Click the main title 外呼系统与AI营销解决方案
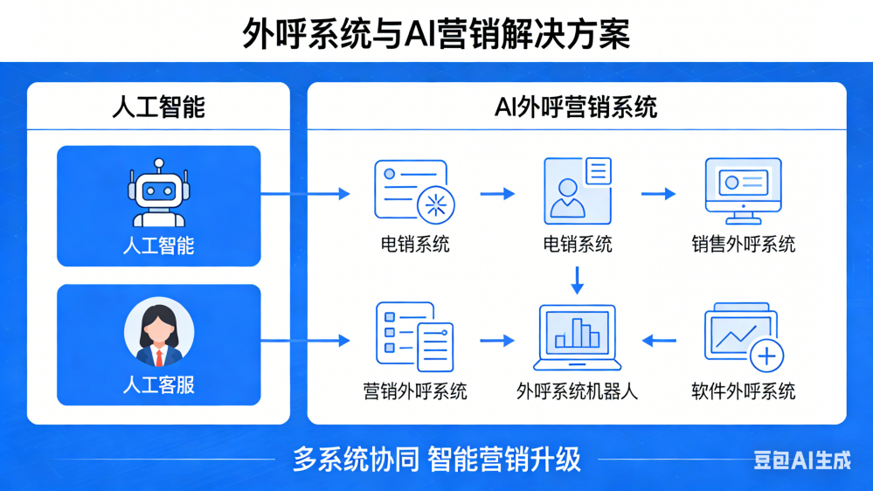(x=435, y=36)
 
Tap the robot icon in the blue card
(x=158, y=195)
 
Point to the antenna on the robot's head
(x=158, y=164)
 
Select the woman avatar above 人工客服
(x=158, y=333)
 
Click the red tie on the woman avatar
(x=159, y=356)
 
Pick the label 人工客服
(x=158, y=384)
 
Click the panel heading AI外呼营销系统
(x=576, y=107)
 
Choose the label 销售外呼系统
(x=743, y=245)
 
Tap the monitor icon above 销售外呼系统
(x=743, y=190)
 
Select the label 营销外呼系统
(x=414, y=391)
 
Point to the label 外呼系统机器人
(x=577, y=391)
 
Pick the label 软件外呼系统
(x=743, y=391)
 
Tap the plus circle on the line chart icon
(x=766, y=356)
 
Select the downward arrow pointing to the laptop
(x=577, y=280)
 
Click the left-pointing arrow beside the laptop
(x=660, y=340)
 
